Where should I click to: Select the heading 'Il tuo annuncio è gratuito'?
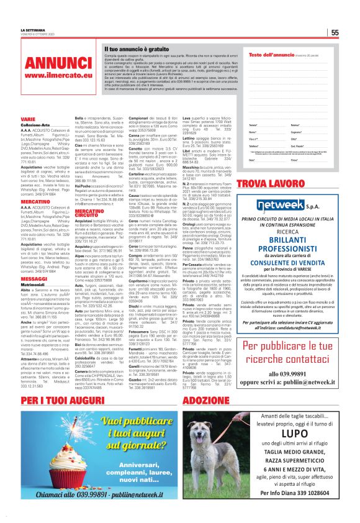click(138, 48)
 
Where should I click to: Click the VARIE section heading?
click(28, 118)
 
